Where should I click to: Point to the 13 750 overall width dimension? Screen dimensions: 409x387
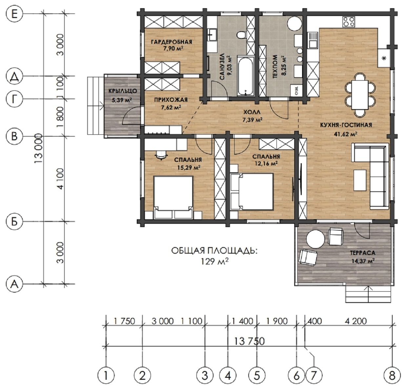[x=250, y=341]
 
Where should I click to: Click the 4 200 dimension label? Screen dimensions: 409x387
[x=356, y=321]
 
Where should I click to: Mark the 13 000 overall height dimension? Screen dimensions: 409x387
[x=39, y=148]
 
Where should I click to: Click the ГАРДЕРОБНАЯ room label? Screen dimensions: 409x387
[x=172, y=42]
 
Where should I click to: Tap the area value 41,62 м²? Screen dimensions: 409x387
[x=346, y=134]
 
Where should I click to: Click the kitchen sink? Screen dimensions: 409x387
[x=312, y=40]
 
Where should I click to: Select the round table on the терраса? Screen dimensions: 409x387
[x=316, y=239]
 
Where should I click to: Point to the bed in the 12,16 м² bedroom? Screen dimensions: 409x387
[x=252, y=192]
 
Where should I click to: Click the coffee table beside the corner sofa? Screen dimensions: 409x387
[x=360, y=180]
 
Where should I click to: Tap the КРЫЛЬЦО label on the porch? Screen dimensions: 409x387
[x=122, y=91]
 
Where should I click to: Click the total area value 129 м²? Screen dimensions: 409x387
[x=214, y=261]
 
